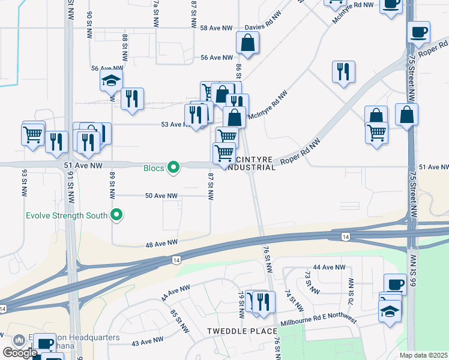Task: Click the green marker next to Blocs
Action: (174, 167)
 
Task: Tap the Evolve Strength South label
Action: (66, 215)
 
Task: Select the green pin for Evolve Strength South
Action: (117, 215)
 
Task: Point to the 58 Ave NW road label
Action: (216, 28)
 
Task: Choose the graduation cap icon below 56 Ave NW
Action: (111, 80)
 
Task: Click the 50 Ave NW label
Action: (161, 196)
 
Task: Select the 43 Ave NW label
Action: (147, 340)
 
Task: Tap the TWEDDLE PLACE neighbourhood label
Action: (242, 331)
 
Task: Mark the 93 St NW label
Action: (25, 181)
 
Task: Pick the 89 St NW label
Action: (112, 185)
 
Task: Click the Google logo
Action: (19, 353)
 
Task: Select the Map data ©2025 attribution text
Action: (423, 355)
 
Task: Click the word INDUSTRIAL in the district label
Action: (250, 167)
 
